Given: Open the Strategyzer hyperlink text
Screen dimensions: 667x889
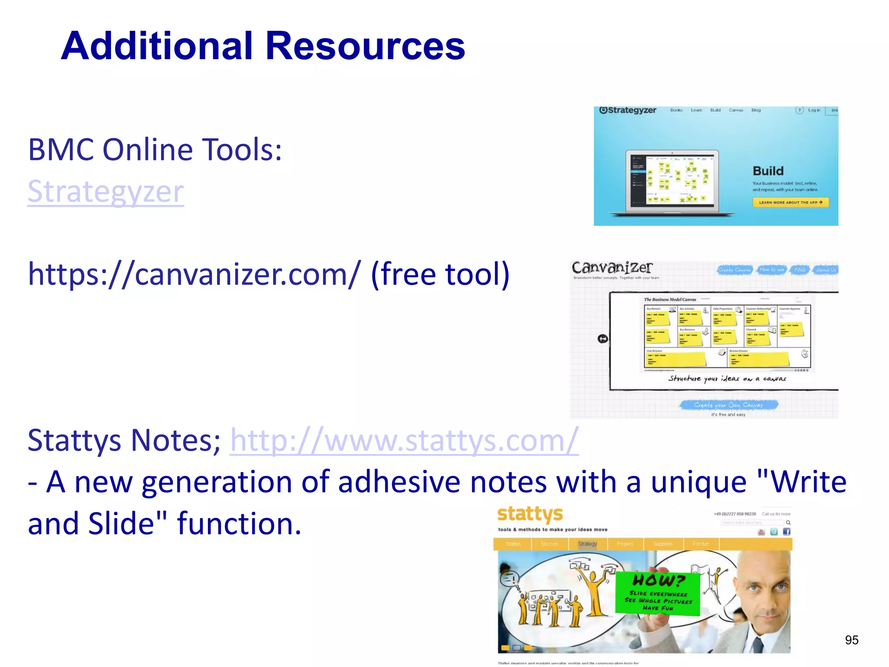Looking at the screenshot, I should pyautogui.click(x=105, y=192).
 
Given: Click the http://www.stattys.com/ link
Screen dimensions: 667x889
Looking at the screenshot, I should pyautogui.click(x=404, y=440).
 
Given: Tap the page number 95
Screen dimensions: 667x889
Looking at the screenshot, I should pyautogui.click(x=851, y=640).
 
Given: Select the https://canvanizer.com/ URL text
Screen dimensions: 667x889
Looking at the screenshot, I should pyautogui.click(x=194, y=274).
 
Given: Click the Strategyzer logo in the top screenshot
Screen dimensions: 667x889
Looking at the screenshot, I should pyautogui.click(x=628, y=110).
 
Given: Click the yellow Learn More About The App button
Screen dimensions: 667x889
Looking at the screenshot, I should pyautogui.click(x=790, y=202).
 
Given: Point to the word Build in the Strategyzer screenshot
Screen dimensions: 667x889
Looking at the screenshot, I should pyautogui.click(x=768, y=171).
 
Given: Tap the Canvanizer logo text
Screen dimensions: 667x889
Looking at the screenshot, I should pyautogui.click(x=611, y=267).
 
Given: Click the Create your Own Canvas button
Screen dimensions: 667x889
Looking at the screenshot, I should pyautogui.click(x=728, y=405).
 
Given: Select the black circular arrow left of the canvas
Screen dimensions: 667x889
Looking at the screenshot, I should pyautogui.click(x=603, y=339).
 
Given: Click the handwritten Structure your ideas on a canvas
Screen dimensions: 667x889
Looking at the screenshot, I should pyautogui.click(x=727, y=379).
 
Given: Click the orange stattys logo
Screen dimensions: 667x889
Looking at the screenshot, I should pyautogui.click(x=530, y=514).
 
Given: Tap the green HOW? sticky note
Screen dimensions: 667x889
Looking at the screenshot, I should pyautogui.click(x=658, y=593).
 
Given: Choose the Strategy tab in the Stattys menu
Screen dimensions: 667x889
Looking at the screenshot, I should pyautogui.click(x=587, y=544).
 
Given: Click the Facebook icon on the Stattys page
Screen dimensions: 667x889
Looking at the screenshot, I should pyautogui.click(x=787, y=532).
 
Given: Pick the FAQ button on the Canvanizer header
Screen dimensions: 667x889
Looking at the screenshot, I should pyautogui.click(x=800, y=270).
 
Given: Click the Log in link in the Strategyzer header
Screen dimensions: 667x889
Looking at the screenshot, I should pyautogui.click(x=814, y=110).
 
